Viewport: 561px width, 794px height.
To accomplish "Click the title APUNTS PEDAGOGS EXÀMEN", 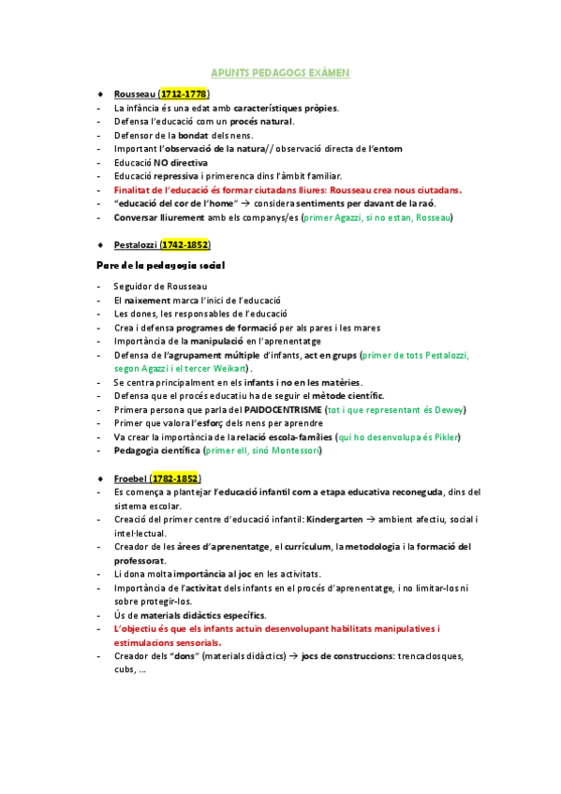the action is [281, 72].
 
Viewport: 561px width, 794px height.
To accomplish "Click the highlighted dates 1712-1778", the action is [184, 95].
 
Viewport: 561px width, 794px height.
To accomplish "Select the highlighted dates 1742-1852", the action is [185, 244].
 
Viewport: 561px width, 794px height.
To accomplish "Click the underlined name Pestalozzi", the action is [135, 244].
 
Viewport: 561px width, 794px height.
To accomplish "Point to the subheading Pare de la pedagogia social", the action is [161, 265].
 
